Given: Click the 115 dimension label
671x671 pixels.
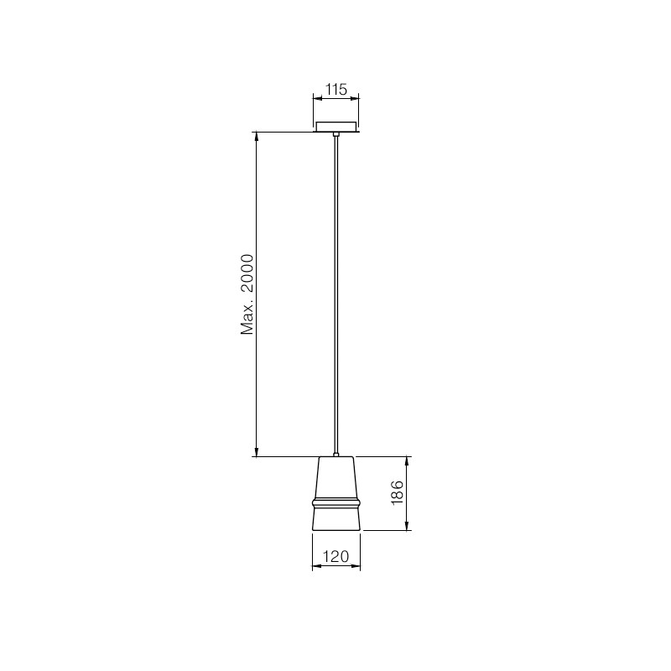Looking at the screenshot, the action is [336, 90].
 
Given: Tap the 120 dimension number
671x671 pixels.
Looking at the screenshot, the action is [335, 556].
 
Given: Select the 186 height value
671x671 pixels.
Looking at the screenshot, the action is [397, 492].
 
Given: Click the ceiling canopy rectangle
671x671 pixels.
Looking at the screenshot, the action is [336, 127].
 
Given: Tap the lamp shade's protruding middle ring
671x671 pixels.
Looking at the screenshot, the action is [336, 502].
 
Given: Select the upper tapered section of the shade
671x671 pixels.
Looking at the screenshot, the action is [336, 477].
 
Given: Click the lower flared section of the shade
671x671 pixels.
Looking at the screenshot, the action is [336, 518].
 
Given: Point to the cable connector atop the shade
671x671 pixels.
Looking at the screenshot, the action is [336, 455].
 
